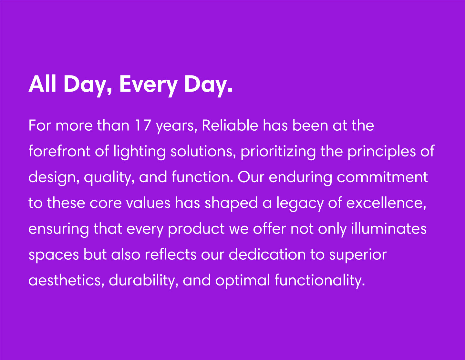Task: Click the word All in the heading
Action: point(42,84)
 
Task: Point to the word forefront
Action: point(59,151)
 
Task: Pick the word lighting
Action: point(139,152)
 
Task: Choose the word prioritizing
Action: point(278,152)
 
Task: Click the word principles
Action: point(382,152)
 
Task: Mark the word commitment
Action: point(382,177)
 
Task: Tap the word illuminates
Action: point(389,228)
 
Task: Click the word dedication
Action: point(267,255)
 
